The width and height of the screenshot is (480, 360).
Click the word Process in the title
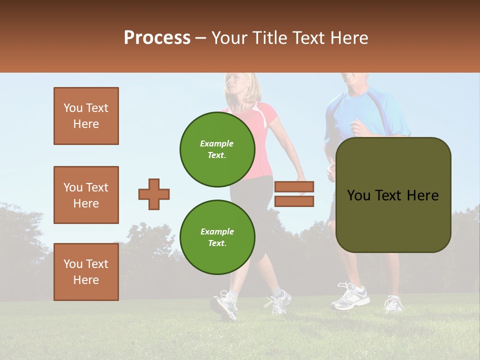pos(157,38)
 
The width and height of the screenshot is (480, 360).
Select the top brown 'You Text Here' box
pos(86,116)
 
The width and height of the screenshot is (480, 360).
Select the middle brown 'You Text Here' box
pos(86,195)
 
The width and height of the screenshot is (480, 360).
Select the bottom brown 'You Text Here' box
pos(86,272)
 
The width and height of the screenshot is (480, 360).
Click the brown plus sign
pos(154,194)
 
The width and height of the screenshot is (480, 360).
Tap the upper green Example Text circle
pos(217,149)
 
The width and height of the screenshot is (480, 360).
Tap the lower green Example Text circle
pos(217,237)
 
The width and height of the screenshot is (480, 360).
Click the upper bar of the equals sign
pos(294,186)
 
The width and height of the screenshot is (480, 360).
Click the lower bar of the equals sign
pos(294,201)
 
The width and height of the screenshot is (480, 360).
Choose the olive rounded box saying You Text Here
pos(393,195)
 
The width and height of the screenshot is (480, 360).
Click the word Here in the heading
pos(345,38)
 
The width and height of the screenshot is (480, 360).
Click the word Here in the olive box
pos(422,195)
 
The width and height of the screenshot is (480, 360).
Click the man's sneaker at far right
pos(393,303)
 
